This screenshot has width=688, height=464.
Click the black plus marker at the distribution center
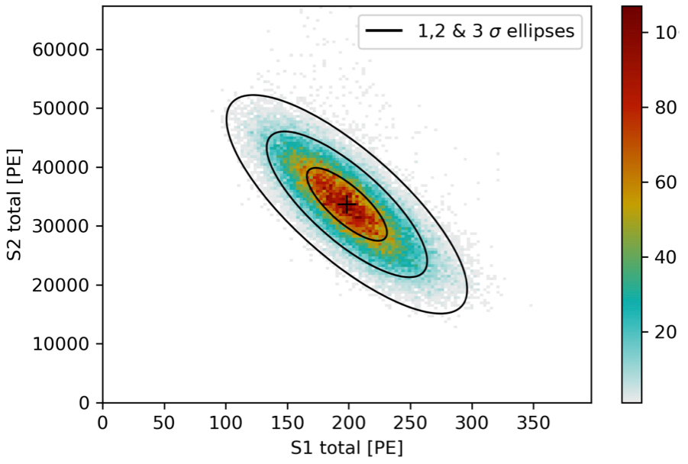[347, 205]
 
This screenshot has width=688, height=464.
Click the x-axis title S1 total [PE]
[347, 446]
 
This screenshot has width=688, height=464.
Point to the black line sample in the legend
[385, 31]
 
